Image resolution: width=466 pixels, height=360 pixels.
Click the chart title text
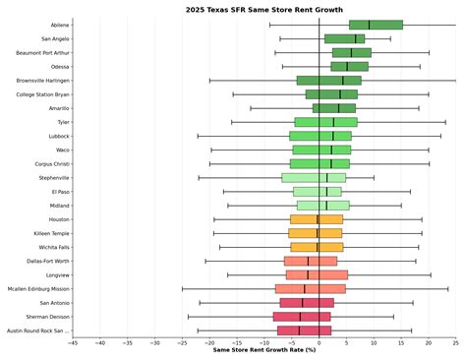click(263, 9)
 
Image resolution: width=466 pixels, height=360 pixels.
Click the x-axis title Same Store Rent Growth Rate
click(263, 349)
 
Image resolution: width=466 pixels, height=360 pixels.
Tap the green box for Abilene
click(376, 25)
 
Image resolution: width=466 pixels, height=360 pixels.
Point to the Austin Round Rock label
click(38, 331)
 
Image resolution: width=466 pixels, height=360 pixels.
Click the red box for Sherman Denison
click(302, 317)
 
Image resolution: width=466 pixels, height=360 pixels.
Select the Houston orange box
click(317, 219)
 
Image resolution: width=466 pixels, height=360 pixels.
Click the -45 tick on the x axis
click(73, 342)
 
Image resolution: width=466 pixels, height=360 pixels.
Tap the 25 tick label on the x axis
click(455, 342)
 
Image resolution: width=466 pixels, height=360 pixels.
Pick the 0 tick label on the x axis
click(319, 342)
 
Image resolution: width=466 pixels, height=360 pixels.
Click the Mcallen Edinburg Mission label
click(38, 289)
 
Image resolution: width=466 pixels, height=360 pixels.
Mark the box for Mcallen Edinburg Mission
click(311, 289)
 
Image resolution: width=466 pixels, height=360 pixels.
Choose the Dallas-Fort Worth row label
click(48, 262)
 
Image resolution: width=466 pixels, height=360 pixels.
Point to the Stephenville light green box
click(314, 178)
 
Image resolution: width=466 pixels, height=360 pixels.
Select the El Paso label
click(59, 192)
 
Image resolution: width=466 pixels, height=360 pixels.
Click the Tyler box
click(325, 122)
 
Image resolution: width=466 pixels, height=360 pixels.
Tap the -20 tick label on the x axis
click(209, 342)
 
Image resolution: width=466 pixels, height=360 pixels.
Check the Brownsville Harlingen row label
click(42, 81)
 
